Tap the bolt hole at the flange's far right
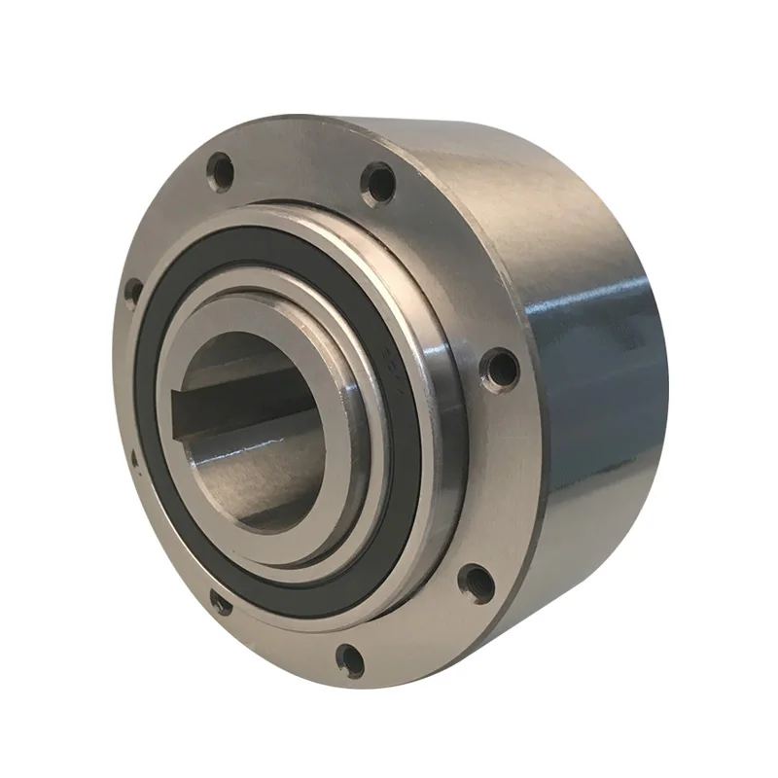(x=500, y=367)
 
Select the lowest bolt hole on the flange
(x=350, y=660)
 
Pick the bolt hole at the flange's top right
(x=379, y=184)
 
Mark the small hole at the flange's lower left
(x=221, y=605)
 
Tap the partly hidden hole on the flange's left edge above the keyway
(x=133, y=291)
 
